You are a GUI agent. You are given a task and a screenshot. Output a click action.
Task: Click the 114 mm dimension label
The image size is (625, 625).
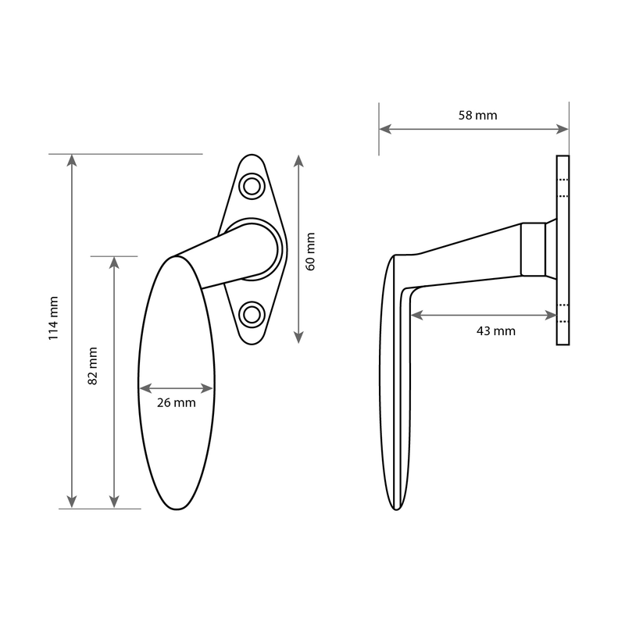click(53, 318)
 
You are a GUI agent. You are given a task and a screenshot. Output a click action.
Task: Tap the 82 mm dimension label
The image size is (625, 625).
click(92, 366)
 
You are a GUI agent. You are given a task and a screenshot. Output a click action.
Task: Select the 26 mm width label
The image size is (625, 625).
click(177, 402)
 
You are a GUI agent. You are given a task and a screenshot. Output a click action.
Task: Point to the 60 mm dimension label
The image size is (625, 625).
click(310, 252)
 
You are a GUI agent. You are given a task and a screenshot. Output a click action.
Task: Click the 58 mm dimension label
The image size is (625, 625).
click(477, 115)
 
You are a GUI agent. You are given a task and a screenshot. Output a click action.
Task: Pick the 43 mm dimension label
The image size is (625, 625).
click(496, 330)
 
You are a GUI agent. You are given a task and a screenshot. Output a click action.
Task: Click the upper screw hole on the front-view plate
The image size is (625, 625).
click(252, 186)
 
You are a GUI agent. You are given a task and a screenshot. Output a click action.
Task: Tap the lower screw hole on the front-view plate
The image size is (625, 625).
click(252, 315)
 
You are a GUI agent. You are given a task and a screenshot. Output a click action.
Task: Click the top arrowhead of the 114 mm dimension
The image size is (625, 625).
click(72, 160)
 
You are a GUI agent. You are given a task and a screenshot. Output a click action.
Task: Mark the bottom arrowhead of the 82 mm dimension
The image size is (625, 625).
click(114, 502)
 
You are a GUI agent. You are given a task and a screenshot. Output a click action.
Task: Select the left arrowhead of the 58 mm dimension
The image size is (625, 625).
click(385, 129)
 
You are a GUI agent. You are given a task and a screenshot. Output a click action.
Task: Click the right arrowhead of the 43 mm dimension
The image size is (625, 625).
click(551, 316)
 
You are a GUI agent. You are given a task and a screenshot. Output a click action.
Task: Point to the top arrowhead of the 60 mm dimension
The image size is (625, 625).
click(298, 161)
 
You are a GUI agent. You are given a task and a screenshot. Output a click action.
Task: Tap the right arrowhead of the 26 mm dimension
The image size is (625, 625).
click(207, 388)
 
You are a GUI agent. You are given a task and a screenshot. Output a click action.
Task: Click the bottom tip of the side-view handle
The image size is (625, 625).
click(396, 509)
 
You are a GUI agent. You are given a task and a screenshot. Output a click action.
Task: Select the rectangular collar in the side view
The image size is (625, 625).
click(534, 249)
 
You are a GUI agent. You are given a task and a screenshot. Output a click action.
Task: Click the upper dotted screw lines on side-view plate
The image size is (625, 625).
click(563, 187)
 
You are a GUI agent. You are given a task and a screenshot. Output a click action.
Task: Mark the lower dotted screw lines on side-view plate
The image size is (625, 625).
click(563, 313)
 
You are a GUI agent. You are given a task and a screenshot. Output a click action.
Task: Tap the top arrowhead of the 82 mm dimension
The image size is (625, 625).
click(114, 263)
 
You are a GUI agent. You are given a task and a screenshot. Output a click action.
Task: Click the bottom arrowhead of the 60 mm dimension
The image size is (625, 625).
click(298, 337)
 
